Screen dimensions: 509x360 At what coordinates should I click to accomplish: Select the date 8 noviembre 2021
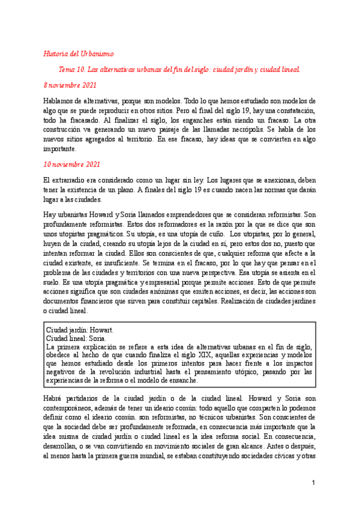[x=71, y=85]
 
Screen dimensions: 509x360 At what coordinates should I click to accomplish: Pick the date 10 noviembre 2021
[x=72, y=164]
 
